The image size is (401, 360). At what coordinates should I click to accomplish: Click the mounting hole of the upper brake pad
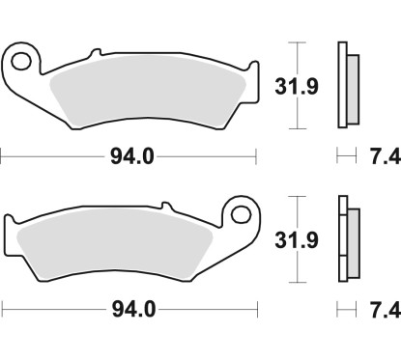coord(23,64)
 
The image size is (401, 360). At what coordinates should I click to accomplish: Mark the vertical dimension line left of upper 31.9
coord(300,87)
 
